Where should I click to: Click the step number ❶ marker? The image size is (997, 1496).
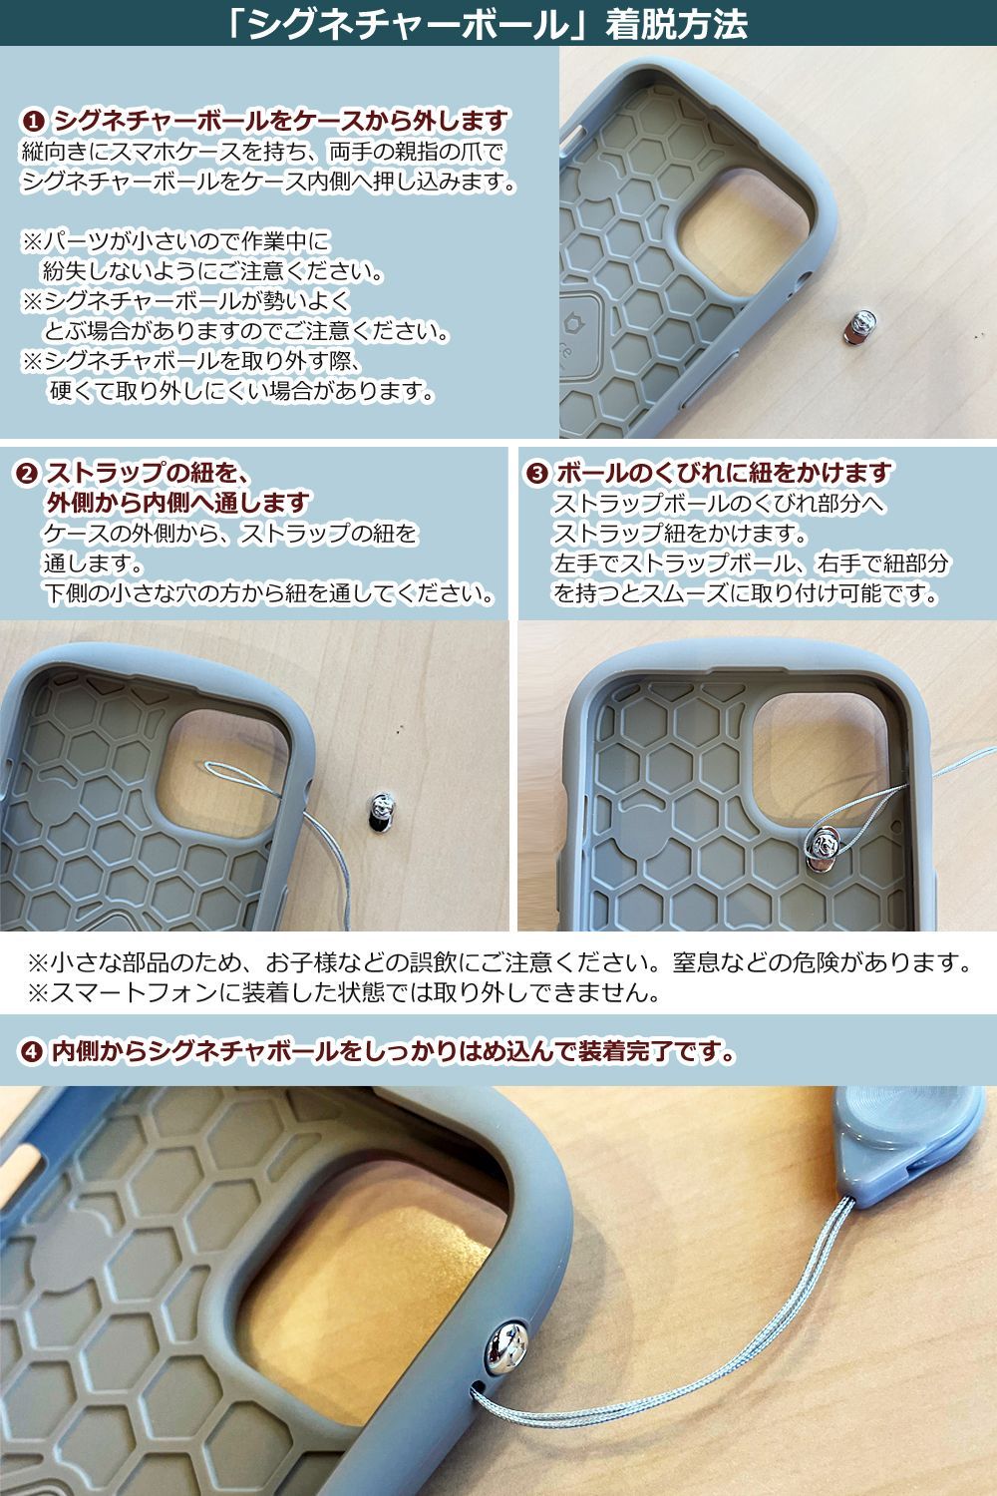pyautogui.click(x=32, y=122)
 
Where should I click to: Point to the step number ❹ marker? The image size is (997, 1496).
pyautogui.click(x=32, y=1051)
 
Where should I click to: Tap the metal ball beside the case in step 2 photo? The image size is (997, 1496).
pyautogui.click(x=381, y=810)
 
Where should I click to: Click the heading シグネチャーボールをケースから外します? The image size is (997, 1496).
pyautogui.click(x=281, y=122)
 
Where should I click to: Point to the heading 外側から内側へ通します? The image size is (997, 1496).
pyautogui.click(x=179, y=502)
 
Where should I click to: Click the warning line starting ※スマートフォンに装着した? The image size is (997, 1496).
pyautogui.click(x=344, y=993)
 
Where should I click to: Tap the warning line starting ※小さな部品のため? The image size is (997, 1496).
pyautogui.click(x=498, y=963)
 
